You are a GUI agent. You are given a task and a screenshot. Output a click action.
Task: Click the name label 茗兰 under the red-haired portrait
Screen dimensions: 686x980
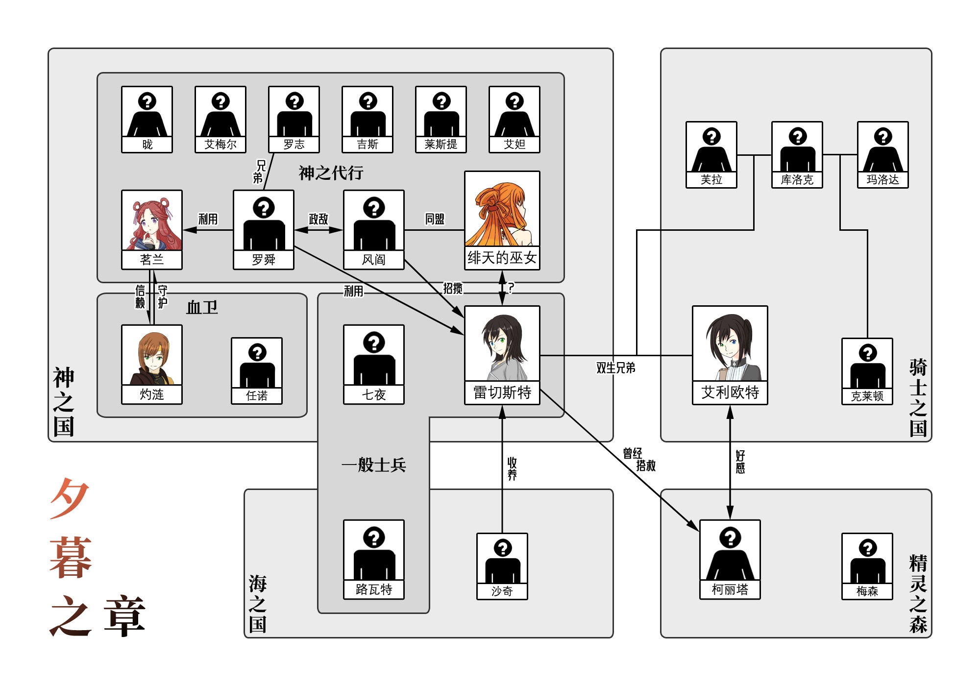(x=152, y=260)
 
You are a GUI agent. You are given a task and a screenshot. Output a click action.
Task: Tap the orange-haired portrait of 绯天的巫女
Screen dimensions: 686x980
(x=502, y=209)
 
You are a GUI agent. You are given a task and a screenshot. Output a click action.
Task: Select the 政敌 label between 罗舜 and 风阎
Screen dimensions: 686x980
(x=318, y=219)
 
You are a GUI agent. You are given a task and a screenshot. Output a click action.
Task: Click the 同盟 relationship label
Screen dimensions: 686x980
(x=435, y=219)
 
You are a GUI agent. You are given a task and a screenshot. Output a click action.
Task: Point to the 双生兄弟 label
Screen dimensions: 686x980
(x=615, y=368)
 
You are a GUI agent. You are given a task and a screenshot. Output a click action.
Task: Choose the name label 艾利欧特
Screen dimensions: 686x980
(x=730, y=392)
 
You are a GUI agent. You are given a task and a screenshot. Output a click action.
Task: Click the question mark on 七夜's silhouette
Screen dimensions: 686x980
(x=374, y=342)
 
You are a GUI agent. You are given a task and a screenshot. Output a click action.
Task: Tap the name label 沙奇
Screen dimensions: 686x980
(x=502, y=591)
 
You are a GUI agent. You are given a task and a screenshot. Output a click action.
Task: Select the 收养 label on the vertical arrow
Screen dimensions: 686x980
(x=512, y=469)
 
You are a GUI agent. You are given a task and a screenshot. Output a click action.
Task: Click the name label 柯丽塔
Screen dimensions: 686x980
(x=730, y=589)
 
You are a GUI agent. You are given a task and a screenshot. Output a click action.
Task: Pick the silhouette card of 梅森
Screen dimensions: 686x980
(x=867, y=566)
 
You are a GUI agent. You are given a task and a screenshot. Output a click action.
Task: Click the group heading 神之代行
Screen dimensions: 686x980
(x=331, y=173)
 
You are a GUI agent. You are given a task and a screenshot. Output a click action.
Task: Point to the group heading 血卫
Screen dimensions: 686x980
(x=202, y=308)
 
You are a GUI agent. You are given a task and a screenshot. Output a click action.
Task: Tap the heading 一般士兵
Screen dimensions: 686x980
(x=374, y=465)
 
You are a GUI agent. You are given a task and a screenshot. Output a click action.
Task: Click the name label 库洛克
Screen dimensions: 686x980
(x=797, y=180)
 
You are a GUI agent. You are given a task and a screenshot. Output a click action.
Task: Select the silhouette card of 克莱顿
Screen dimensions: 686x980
(x=867, y=371)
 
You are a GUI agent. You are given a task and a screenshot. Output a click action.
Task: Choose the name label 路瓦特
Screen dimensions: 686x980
(x=374, y=589)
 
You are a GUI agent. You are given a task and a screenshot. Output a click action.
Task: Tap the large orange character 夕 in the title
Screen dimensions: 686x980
(x=70, y=497)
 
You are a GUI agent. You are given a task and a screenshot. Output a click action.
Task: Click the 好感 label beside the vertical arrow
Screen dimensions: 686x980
(x=740, y=462)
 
